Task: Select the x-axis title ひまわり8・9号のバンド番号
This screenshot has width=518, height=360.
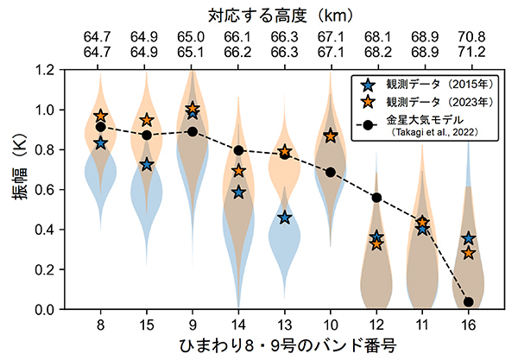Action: [284, 346]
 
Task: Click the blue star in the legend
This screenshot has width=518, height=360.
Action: [368, 85]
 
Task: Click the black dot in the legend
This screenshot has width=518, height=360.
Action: [368, 124]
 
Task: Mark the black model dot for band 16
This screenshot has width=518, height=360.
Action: [468, 302]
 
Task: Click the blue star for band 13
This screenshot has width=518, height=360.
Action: [284, 218]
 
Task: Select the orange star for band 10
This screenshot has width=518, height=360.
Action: [330, 136]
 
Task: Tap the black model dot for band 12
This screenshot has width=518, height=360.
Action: [376, 198]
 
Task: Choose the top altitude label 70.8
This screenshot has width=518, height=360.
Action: [468, 37]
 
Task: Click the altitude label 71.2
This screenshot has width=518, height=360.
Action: [468, 52]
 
